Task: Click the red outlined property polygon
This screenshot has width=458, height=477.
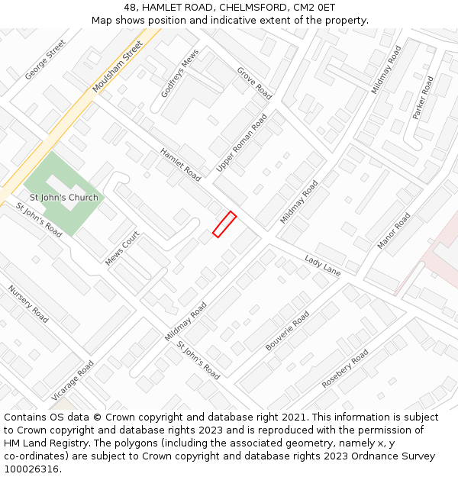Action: point(224,224)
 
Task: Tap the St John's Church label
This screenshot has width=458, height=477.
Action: point(64,198)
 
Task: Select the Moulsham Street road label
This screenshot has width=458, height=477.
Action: point(118,66)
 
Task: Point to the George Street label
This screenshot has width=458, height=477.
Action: point(46,60)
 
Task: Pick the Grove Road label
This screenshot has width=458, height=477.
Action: point(254,83)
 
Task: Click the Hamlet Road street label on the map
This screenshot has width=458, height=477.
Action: point(180,164)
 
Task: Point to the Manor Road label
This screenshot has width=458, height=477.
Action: point(393,230)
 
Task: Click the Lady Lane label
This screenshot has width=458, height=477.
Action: point(322,265)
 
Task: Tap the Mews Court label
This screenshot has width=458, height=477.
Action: point(122,248)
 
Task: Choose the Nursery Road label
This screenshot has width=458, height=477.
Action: point(28,304)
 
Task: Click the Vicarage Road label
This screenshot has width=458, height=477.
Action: point(73,381)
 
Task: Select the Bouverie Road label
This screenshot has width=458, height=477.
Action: point(287,330)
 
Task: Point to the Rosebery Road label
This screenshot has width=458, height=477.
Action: point(345,369)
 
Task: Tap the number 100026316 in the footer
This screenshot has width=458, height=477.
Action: point(33,469)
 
